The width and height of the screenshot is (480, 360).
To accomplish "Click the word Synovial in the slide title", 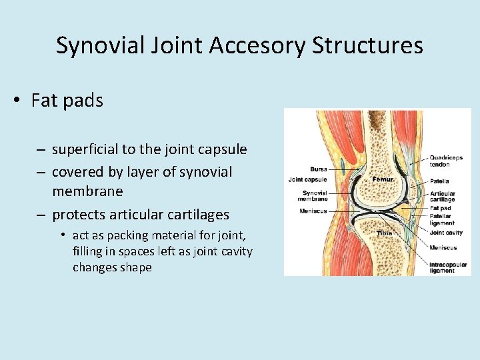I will tap(96, 45).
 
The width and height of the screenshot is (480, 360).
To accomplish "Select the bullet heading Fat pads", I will tap(67, 101).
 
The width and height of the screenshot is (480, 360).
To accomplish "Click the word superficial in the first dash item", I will tap(89, 149).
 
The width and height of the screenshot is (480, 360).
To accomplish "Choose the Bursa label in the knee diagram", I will tap(318, 169).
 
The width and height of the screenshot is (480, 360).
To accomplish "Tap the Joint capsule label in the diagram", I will tap(307, 179).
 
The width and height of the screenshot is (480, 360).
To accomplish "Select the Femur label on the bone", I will tap(383, 179).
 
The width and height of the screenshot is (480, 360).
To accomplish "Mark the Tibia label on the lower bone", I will tap(384, 233).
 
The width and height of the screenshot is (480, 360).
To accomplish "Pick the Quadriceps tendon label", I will tap(446, 161).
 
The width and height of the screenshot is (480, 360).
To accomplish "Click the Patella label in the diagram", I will tap(439, 181).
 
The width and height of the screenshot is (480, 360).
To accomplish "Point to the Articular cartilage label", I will tap(443, 197).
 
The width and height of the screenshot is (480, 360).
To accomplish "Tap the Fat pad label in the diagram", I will tap(440, 209).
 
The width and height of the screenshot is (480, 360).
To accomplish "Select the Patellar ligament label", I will tap(441, 219).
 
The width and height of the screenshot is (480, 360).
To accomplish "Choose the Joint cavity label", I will tap(446, 233).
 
